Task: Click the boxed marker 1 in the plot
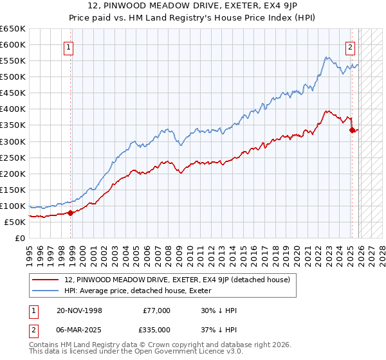tap(68, 46)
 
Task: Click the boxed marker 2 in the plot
tap(351, 46)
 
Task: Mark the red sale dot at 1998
tap(71, 213)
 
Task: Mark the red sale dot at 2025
tap(352, 130)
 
